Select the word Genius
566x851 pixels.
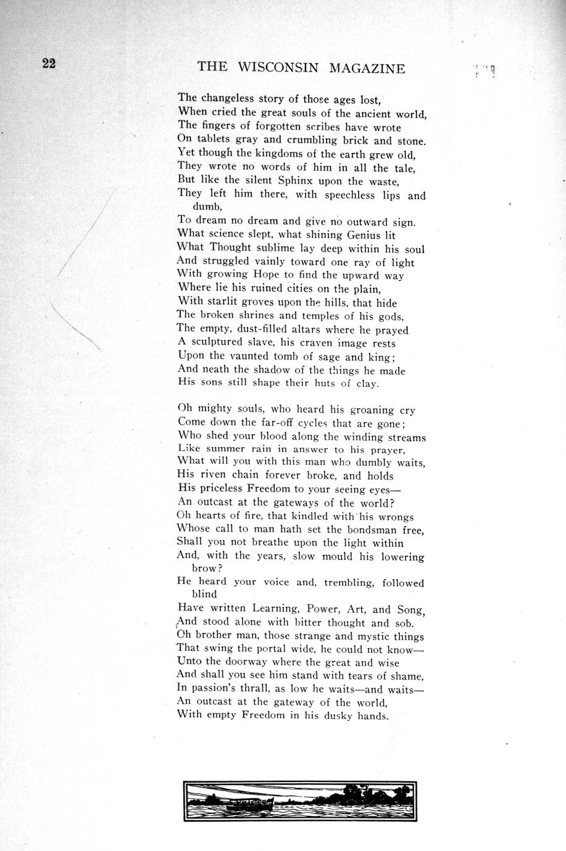coord(364,235)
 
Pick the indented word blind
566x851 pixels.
coord(204,594)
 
